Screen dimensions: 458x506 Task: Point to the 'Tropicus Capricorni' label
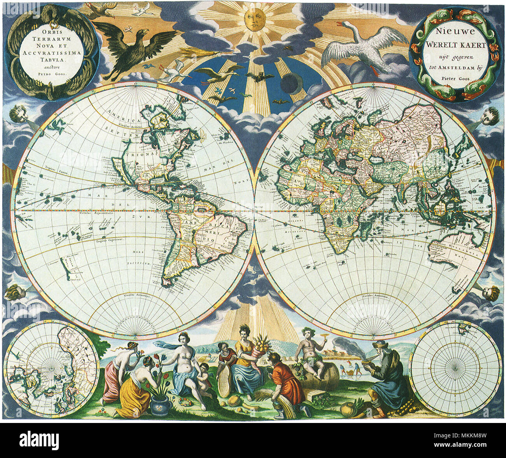pyautogui.click(x=109, y=240)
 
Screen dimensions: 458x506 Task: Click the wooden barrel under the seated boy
pyautogui.click(x=317, y=376)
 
